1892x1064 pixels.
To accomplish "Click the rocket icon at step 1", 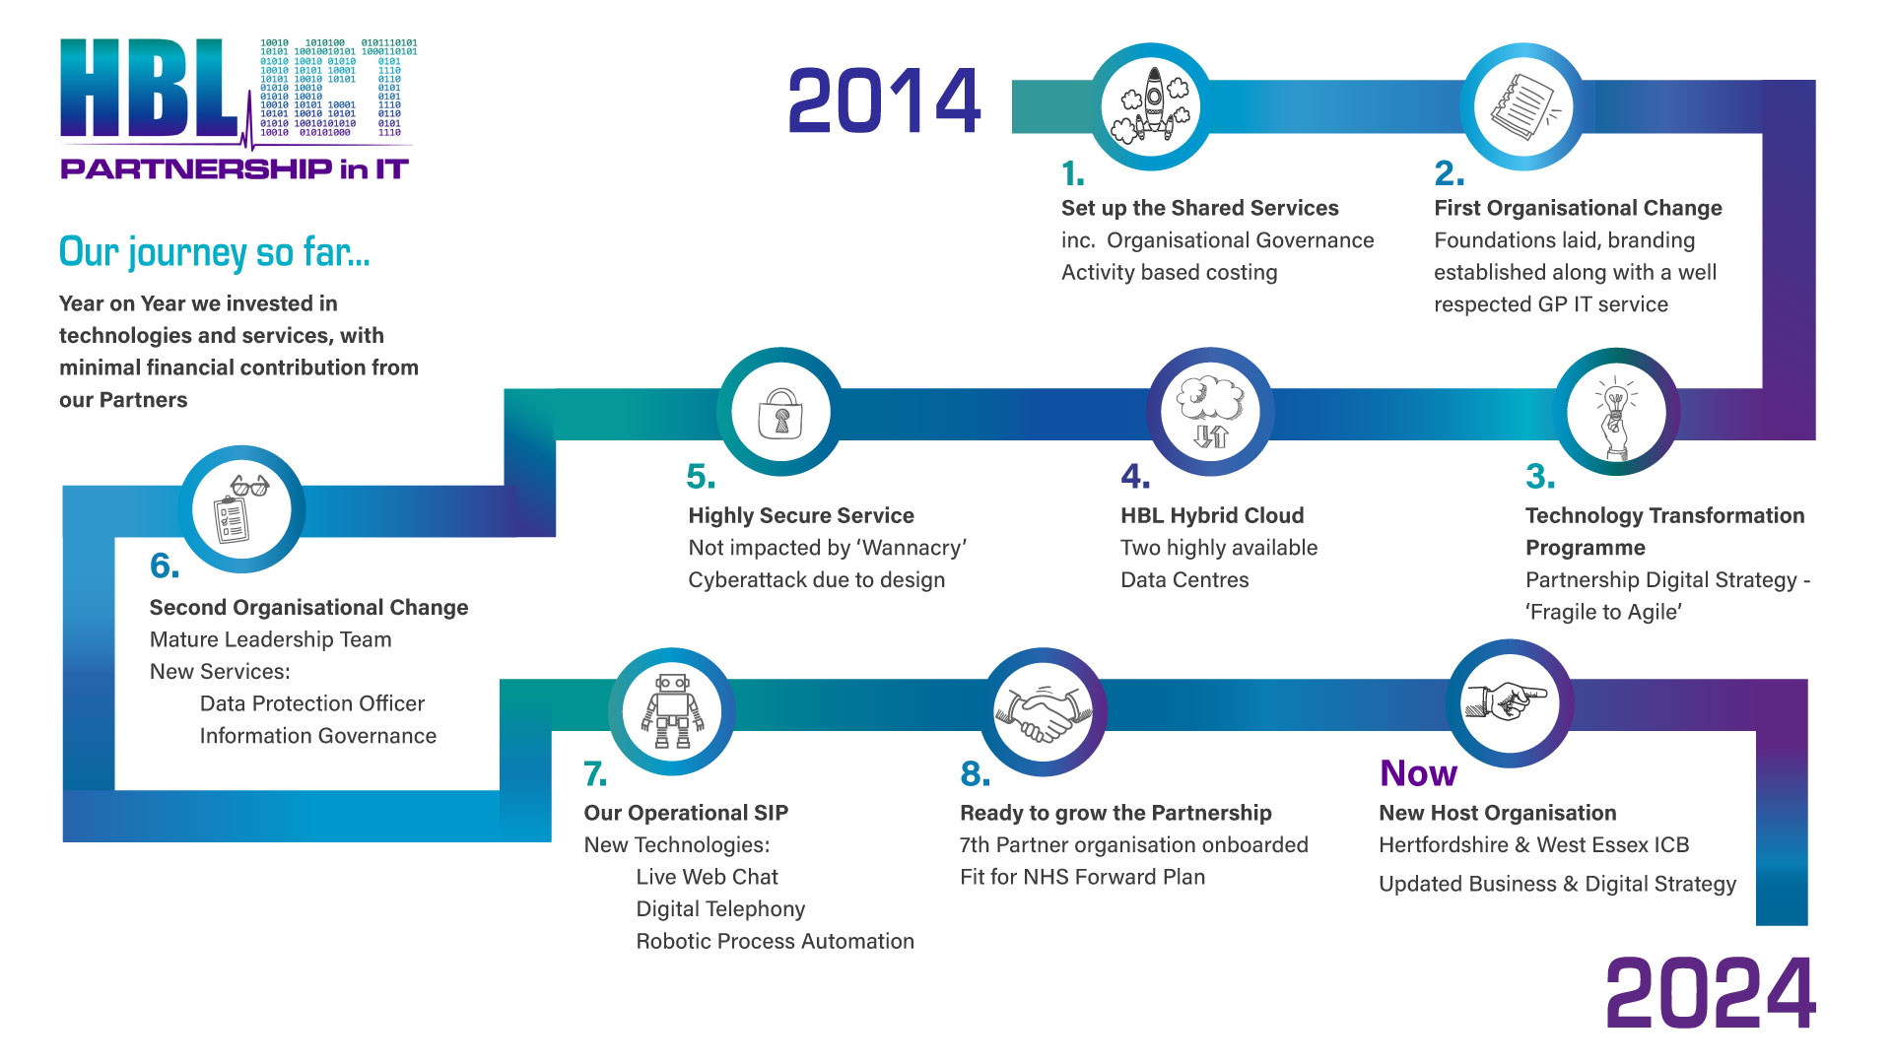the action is tap(1151, 106).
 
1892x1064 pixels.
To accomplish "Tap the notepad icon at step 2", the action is tap(1523, 106).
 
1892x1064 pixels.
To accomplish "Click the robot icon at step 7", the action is tap(672, 711).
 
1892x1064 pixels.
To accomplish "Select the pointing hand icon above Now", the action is tap(1507, 701).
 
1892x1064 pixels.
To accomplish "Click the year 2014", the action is tap(884, 100).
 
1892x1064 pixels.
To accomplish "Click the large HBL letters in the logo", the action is tap(148, 89).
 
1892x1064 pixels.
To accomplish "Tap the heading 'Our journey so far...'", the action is tap(215, 252).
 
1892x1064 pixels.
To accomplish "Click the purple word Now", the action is tap(1418, 773).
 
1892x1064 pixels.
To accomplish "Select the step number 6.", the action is tap(165, 565).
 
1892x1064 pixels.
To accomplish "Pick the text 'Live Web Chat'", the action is tap(707, 877).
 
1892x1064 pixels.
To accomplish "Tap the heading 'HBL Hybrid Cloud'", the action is tap(1212, 515).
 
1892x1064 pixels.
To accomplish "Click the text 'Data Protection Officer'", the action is tap(312, 703).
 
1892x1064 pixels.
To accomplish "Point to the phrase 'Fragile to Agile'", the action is tap(1603, 612).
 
